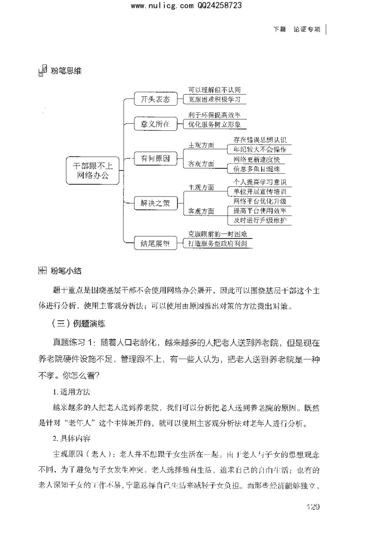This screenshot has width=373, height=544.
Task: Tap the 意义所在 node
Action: tap(152, 124)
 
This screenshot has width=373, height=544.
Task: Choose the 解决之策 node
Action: tap(152, 203)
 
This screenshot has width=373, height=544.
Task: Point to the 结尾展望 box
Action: tap(152, 243)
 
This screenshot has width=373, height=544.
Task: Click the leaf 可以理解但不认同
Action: tap(214, 90)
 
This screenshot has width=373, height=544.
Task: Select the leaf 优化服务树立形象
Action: tap(214, 125)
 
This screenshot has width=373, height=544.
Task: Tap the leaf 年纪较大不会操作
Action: tap(260, 150)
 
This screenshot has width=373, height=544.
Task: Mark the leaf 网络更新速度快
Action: tap(260, 160)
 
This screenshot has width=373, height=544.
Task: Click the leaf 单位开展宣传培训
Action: tap(260, 192)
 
